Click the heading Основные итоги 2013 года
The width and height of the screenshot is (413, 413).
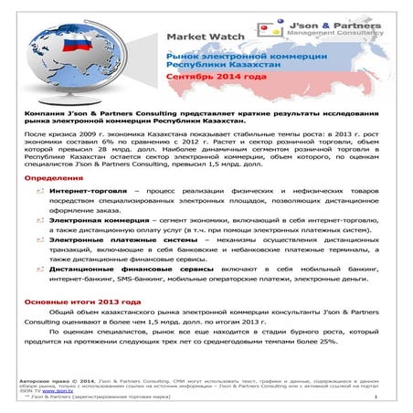click(x=76, y=301)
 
